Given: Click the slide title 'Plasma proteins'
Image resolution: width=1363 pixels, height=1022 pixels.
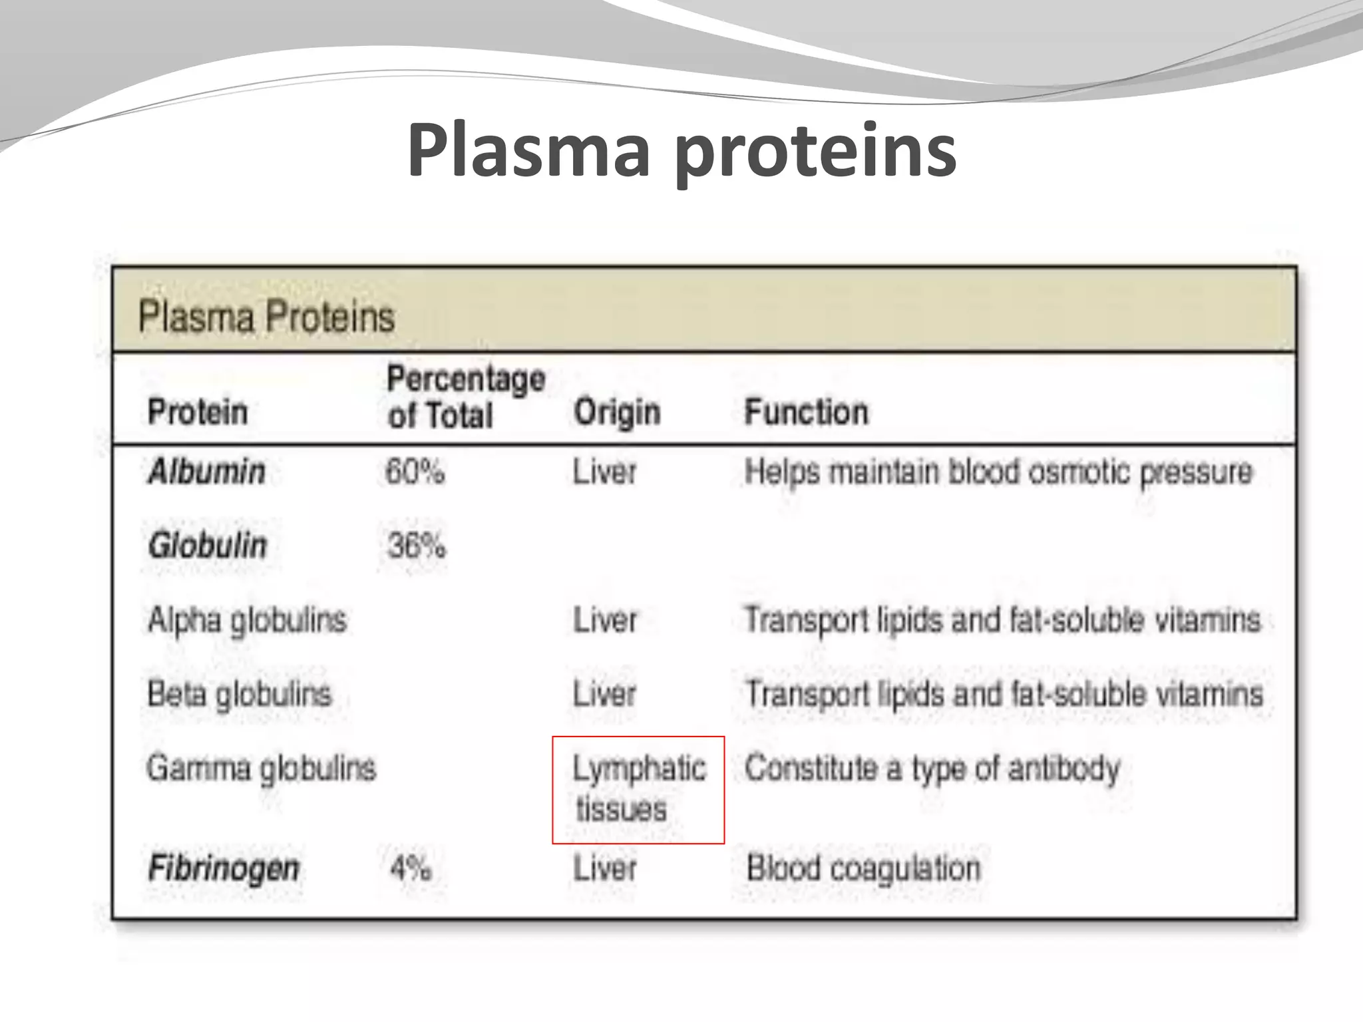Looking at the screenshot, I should click(x=681, y=152).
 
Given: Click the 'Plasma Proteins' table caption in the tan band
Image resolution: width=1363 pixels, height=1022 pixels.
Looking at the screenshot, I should click(x=266, y=316).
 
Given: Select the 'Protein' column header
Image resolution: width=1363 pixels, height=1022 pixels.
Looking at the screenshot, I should click(x=198, y=411).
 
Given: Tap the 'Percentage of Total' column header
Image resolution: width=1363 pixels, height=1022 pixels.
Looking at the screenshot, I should click(x=465, y=397).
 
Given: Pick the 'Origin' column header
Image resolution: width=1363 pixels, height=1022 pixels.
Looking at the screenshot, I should click(x=617, y=412).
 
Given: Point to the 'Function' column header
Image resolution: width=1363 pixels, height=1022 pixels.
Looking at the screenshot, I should click(x=806, y=412).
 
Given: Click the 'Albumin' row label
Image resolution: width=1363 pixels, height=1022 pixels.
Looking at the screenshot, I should click(x=207, y=472).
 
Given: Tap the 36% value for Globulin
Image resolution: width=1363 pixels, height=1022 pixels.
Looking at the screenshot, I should click(x=417, y=546).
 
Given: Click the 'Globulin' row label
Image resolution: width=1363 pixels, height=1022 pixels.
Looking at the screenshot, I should click(x=208, y=546).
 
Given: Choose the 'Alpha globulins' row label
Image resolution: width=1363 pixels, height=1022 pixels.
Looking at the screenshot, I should click(x=247, y=620).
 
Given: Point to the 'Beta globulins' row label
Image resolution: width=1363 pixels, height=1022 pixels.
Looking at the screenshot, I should click(x=240, y=694).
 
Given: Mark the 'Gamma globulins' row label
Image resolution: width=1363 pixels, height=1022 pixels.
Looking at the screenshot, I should click(x=261, y=768).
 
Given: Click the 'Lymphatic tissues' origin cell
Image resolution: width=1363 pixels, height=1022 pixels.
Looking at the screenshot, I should click(x=638, y=789).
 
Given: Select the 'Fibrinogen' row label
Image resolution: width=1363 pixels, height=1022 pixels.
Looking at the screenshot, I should click(x=224, y=868).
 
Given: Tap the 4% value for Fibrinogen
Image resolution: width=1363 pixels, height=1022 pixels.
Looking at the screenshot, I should click(x=411, y=868).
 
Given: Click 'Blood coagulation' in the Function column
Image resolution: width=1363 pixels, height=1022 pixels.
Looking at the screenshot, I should click(x=863, y=868).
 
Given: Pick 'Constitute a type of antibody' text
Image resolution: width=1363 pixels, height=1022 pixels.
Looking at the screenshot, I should click(x=932, y=768).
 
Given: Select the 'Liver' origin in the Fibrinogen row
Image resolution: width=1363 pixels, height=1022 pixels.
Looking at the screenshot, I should click(x=604, y=868).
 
